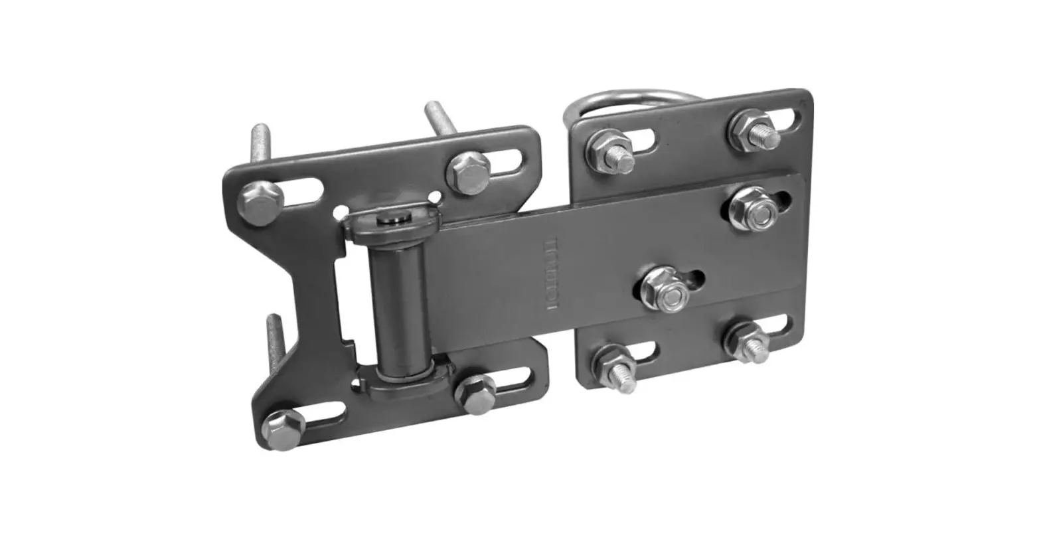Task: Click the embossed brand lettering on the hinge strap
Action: click(x=550, y=279)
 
